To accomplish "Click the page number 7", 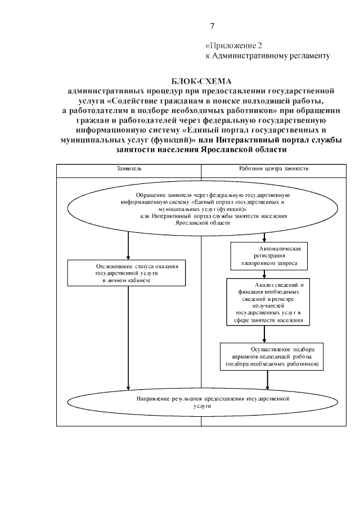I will tap(212, 26).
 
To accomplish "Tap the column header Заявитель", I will tap(129, 168).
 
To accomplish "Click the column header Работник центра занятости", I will tap(273, 168).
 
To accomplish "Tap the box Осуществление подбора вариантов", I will tap(272, 356).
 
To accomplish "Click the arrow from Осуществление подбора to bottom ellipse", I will tap(267, 379).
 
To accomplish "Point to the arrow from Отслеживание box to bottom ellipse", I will tap(129, 337).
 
